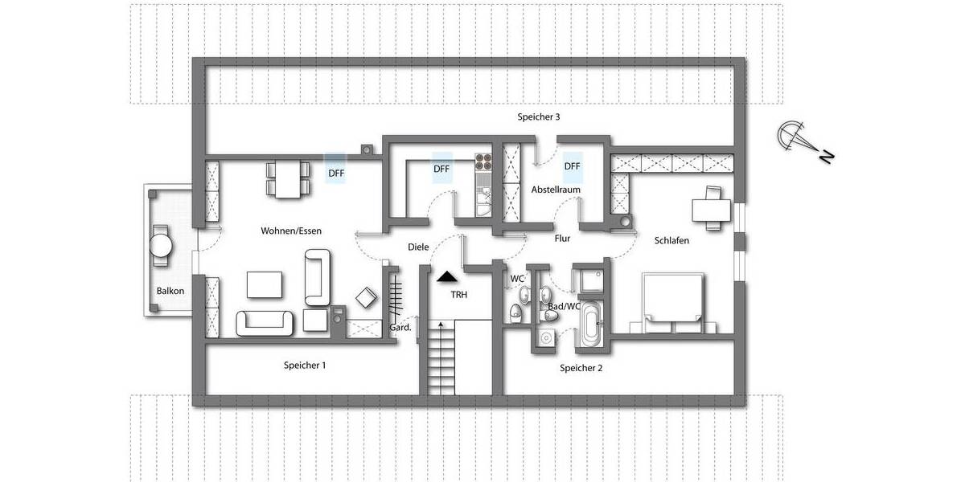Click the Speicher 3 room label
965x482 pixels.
click(x=538, y=117)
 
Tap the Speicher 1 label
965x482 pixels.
click(x=305, y=366)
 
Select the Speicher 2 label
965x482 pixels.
click(x=581, y=368)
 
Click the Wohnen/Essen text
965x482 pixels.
click(x=291, y=231)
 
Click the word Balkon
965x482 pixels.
click(x=170, y=291)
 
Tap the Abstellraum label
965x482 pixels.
click(x=556, y=190)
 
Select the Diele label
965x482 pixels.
click(x=418, y=247)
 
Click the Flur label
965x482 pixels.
click(x=562, y=239)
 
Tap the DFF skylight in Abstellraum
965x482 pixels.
click(x=572, y=167)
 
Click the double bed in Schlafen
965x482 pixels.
click(x=673, y=303)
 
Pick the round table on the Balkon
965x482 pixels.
click(x=162, y=243)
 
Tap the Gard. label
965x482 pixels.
click(x=400, y=327)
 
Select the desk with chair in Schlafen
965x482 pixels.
click(x=711, y=206)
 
